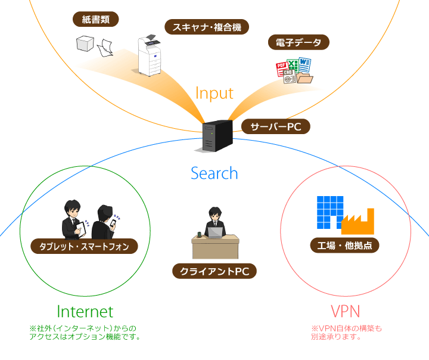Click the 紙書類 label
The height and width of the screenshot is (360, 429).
point(100,19)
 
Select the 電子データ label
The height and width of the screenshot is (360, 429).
point(298,42)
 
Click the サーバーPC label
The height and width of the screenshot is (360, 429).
point(275,127)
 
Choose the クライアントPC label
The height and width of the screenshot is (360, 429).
point(214,271)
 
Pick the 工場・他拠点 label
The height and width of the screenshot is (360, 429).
point(344,245)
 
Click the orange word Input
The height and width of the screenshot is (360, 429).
point(214,93)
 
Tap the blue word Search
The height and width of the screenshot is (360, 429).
point(214,173)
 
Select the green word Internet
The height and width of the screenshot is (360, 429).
point(85,311)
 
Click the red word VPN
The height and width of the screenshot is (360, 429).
point(345,311)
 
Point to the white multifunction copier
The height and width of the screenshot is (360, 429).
point(150,55)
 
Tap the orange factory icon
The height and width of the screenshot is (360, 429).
point(357,221)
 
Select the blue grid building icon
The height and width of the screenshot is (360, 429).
point(329,212)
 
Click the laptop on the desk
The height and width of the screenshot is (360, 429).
point(214,231)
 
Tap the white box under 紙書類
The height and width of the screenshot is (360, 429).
point(85,43)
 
